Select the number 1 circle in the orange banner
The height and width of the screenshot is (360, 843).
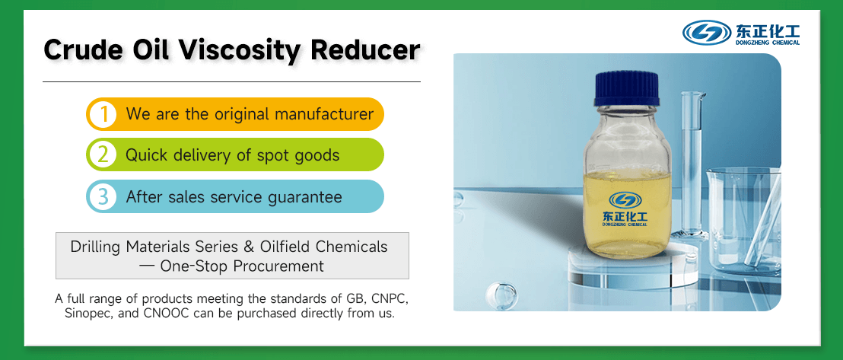[x=102, y=114]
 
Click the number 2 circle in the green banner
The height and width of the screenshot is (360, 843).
[x=102, y=155]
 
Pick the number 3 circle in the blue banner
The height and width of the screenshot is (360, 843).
[x=102, y=197]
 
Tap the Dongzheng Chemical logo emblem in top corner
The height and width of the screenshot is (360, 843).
[x=707, y=33]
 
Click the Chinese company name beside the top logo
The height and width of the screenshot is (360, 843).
[x=767, y=30]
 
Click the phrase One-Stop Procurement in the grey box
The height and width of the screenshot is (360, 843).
[x=242, y=266]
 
